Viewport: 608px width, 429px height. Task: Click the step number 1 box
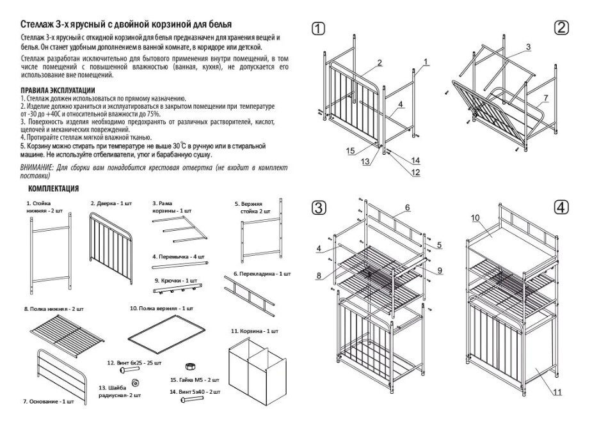click(x=319, y=29)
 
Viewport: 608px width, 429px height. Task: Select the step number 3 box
click(x=319, y=207)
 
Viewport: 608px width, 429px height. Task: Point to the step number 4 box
click(x=561, y=207)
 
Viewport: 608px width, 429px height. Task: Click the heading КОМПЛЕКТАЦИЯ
click(x=54, y=189)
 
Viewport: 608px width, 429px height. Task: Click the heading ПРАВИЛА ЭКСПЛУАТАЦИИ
click(x=58, y=90)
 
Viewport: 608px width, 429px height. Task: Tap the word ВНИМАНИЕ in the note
click(x=37, y=167)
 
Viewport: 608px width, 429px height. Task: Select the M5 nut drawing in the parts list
click(x=189, y=366)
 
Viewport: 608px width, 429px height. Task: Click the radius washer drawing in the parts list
click(x=135, y=382)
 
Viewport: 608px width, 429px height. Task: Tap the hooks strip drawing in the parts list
click(x=177, y=292)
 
